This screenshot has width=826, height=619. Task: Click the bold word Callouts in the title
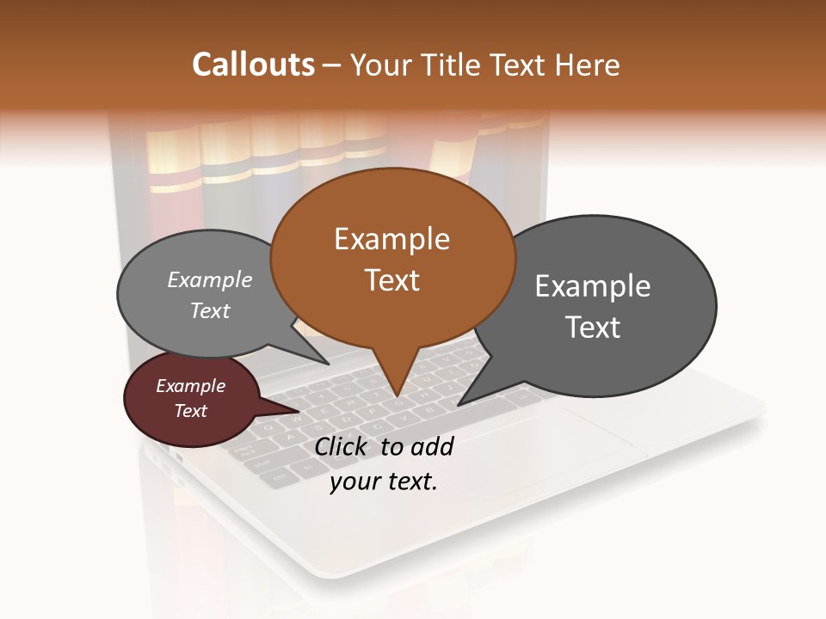253,64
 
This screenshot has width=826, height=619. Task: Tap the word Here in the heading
589,64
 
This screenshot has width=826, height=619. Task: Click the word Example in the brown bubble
391,239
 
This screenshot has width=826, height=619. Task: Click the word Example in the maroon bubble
190,386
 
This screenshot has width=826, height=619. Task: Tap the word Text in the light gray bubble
210,310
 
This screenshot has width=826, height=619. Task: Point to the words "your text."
384,481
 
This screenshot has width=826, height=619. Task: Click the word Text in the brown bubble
391,280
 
